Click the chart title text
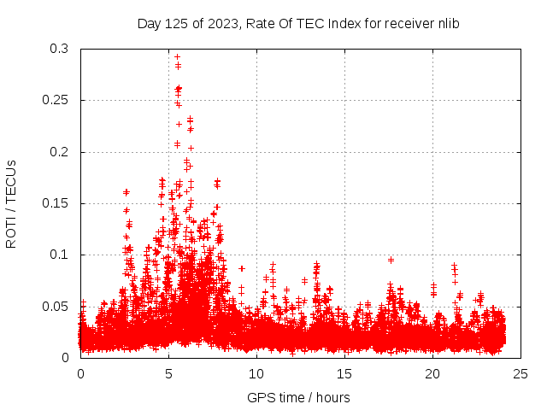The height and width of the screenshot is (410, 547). coord(298,24)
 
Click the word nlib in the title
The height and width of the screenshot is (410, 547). coord(447,24)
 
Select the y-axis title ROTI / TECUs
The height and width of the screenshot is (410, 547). coord(11,203)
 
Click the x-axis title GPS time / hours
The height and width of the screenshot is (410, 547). coord(298,397)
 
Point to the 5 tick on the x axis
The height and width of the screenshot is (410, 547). coord(168,373)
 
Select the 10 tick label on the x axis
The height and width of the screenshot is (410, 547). coord(256,373)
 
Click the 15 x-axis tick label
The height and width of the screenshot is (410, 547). coord(344,373)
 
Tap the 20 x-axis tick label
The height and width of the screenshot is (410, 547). coord(432,373)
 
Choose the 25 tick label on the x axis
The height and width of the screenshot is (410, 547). coord(521,373)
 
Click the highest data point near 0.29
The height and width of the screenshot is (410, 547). coord(177,57)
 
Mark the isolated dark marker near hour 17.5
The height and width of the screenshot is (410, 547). coord(391,260)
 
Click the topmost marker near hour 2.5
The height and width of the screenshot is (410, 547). coord(126,192)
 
